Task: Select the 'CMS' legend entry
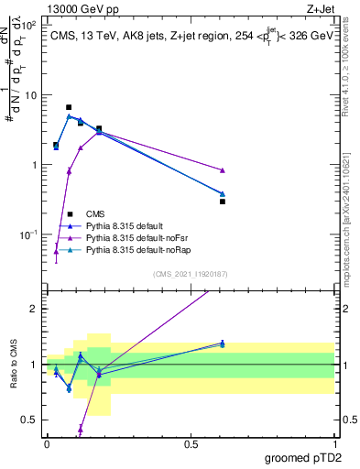[x=95, y=213]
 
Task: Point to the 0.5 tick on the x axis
[x=191, y=442]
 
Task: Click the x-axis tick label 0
[x=47, y=442]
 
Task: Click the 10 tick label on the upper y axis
[x=28, y=95]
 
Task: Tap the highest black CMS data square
[x=69, y=107]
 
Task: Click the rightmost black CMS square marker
[x=223, y=201]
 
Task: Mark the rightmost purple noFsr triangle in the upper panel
[x=223, y=170]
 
